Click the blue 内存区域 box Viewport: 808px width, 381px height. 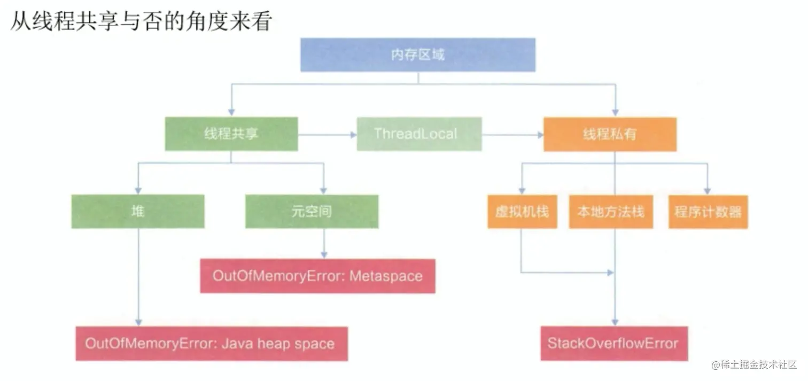tap(418, 55)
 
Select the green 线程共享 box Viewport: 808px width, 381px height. tap(231, 134)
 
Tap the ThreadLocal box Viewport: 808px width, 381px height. tap(419, 134)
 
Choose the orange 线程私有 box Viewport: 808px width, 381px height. tap(610, 134)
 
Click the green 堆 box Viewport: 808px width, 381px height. tap(138, 212)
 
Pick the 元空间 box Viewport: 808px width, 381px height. tap(312, 212)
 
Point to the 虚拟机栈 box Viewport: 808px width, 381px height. tap(522, 212)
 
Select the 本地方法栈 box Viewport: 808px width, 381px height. tap(611, 212)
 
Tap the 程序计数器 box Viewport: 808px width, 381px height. tap(708, 212)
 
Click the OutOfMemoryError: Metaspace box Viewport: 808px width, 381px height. tap(318, 276)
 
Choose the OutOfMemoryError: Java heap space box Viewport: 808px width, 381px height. tap(212, 344)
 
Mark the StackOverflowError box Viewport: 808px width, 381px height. tap(614, 343)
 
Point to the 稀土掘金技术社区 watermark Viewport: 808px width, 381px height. tap(754, 365)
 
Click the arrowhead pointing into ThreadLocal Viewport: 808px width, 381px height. tap(354, 135)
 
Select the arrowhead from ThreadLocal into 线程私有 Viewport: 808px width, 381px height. tap(541, 135)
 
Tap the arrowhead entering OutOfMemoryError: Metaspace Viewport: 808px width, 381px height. tap(324, 255)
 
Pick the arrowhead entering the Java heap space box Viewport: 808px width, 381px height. tap(138, 323)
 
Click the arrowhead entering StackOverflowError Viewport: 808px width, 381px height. tap(615, 322)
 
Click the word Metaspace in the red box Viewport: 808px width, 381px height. tap(386, 276)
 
